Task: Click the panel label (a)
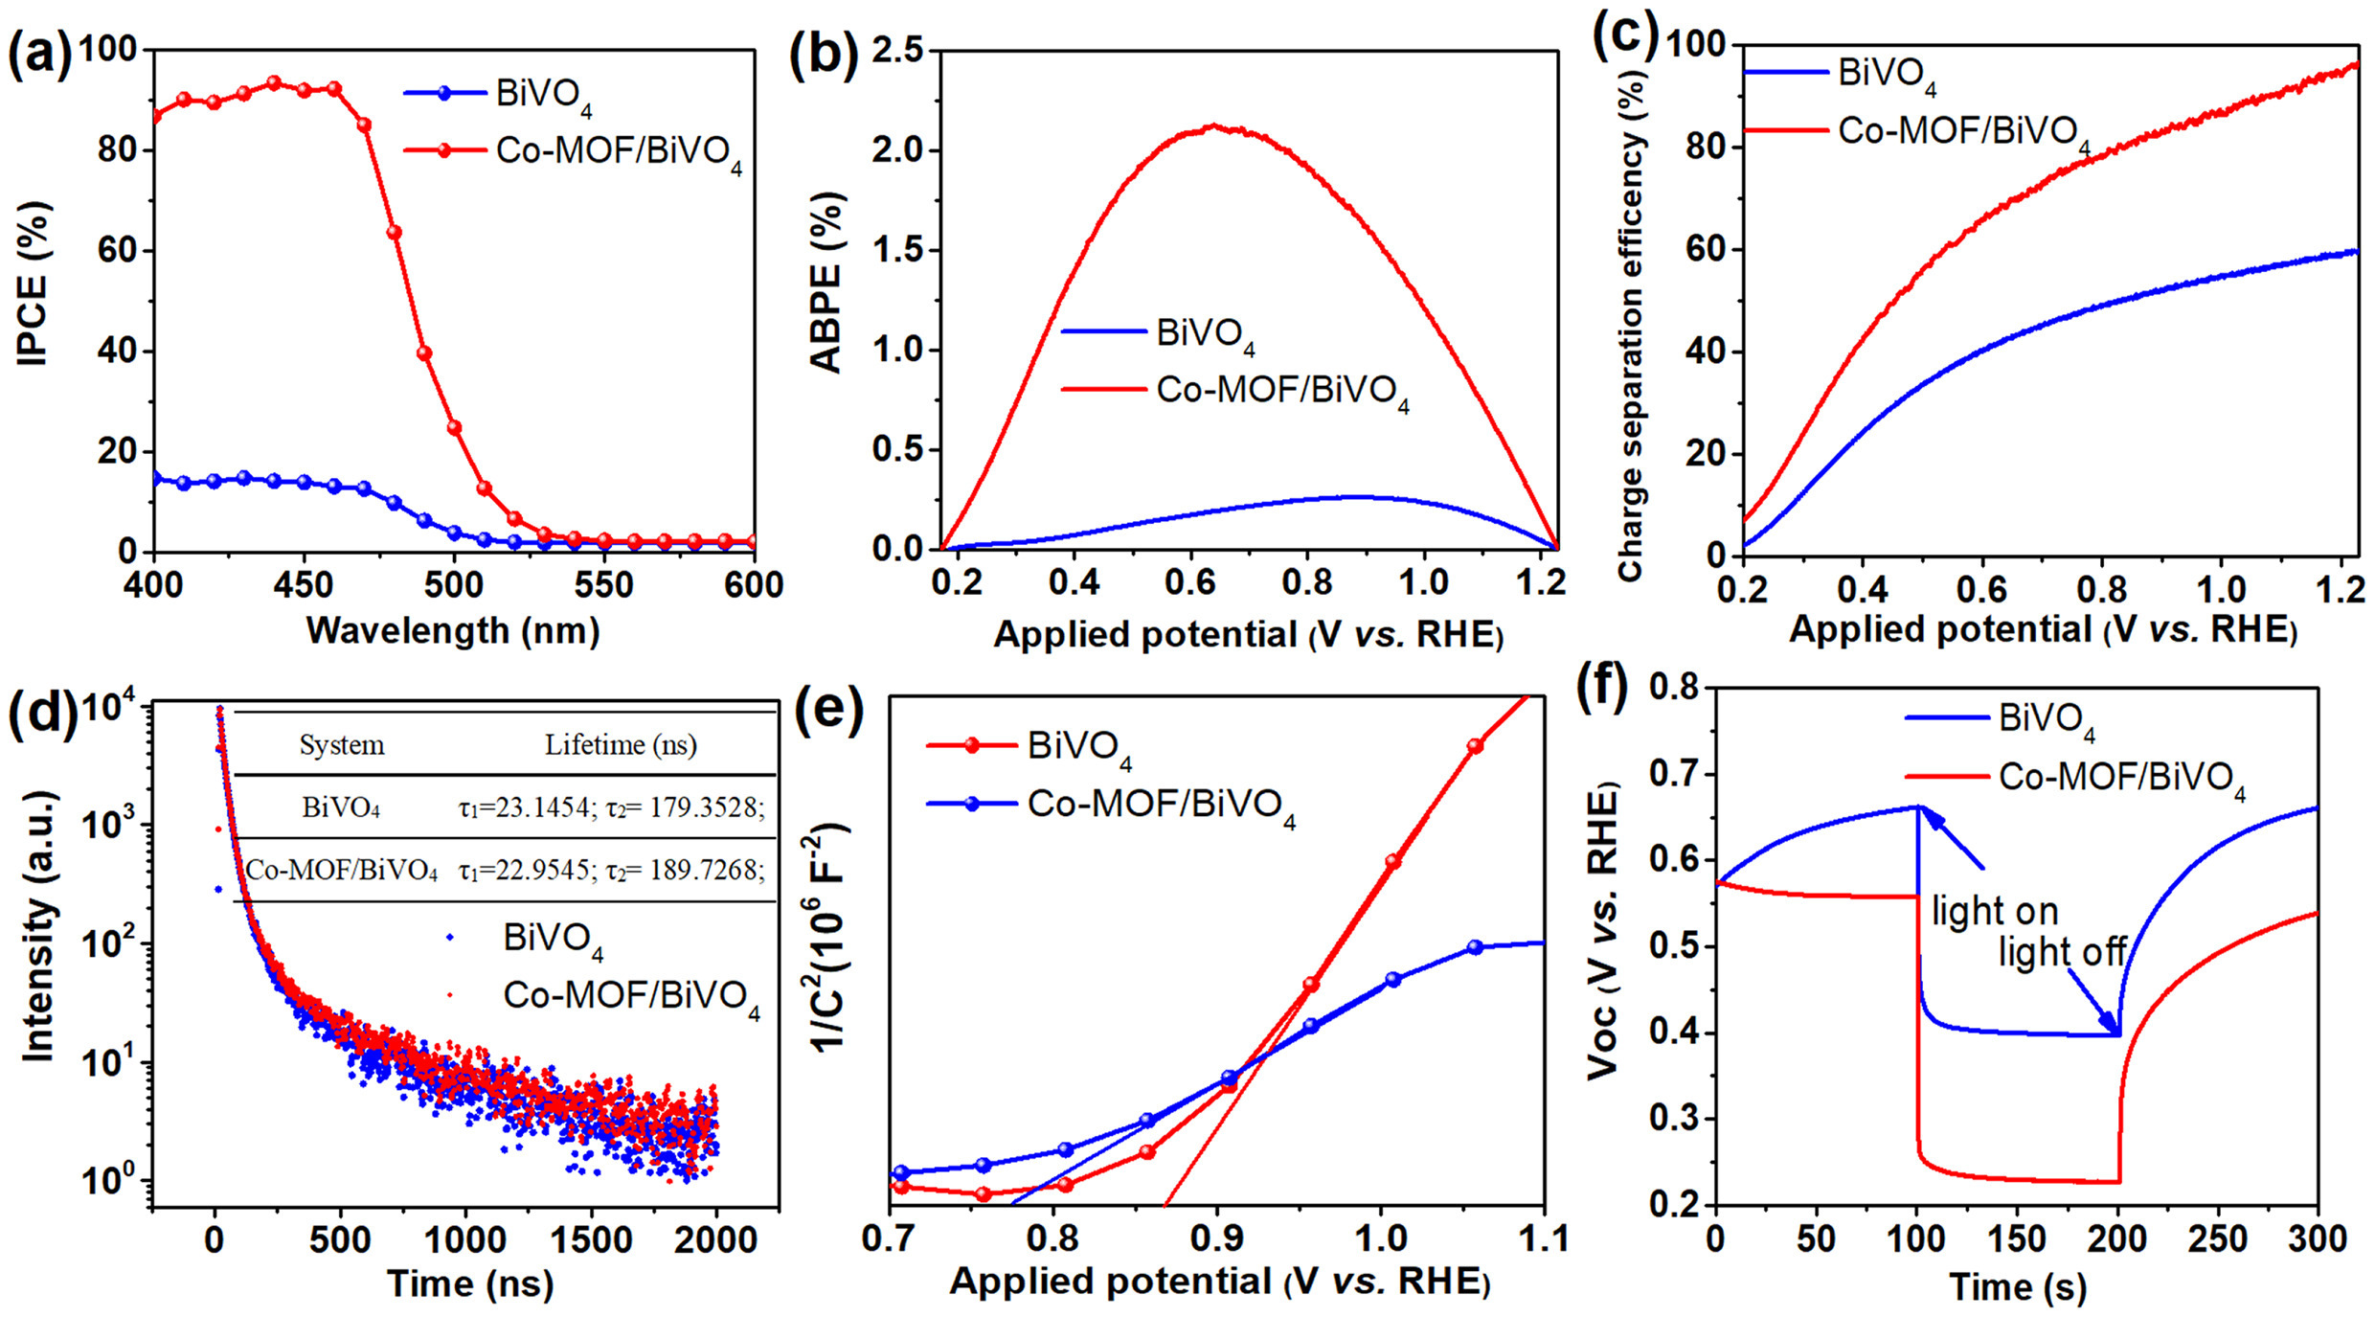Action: click(40, 55)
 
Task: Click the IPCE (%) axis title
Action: click(33, 283)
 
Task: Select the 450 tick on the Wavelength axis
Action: click(305, 584)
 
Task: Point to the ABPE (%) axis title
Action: click(826, 283)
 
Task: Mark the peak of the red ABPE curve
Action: click(1214, 125)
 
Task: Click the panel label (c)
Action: click(1625, 38)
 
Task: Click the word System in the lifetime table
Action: click(342, 745)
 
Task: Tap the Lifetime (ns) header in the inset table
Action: click(621, 745)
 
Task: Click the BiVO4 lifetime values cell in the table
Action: click(612, 807)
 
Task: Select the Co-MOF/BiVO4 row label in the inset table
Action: click(342, 871)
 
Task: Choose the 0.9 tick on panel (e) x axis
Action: click(1217, 1238)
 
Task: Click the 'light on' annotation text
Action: click(1995, 911)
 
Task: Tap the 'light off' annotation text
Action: click(2062, 952)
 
